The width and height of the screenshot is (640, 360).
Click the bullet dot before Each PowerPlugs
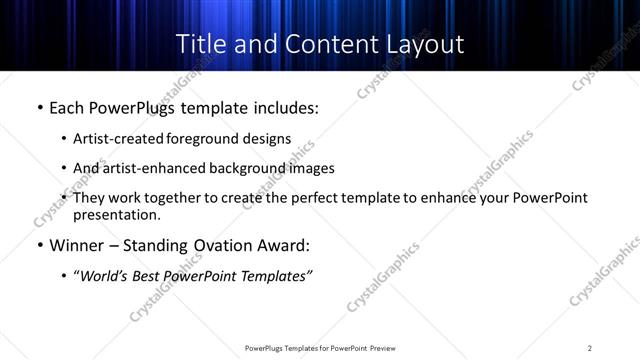(x=39, y=106)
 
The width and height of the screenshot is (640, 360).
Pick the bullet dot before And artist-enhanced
(x=64, y=168)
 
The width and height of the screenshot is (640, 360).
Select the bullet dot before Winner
(x=39, y=244)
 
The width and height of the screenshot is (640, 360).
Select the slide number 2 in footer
(x=590, y=348)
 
